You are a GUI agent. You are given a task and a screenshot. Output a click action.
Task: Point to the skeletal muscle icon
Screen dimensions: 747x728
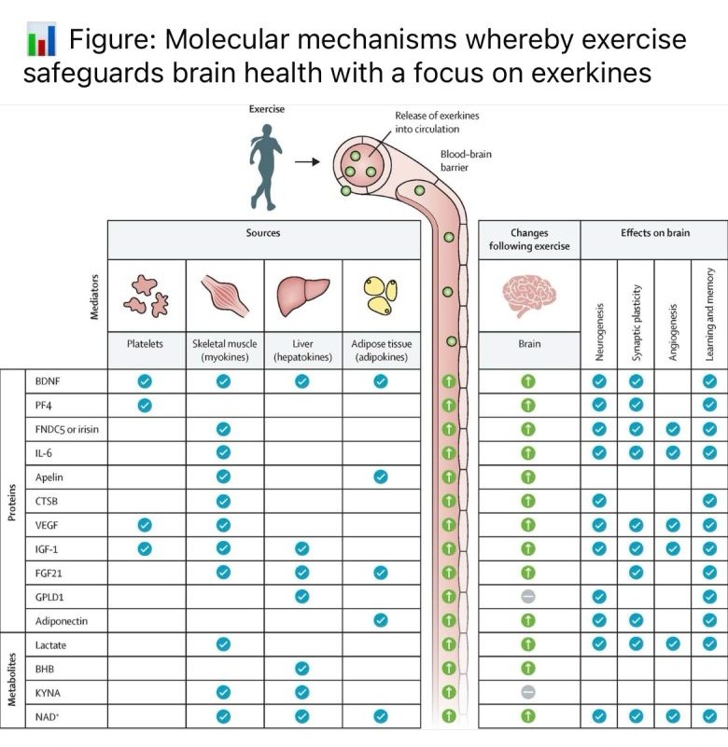(223, 294)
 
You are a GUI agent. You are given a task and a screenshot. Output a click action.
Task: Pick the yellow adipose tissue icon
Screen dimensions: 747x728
(380, 294)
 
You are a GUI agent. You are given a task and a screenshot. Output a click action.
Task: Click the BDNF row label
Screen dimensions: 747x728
(48, 381)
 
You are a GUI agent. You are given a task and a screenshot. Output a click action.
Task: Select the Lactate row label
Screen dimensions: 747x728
(50, 644)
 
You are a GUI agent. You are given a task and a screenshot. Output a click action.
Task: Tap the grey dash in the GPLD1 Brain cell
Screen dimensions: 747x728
(528, 597)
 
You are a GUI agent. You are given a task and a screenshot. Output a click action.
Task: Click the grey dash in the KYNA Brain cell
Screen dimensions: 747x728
(528, 693)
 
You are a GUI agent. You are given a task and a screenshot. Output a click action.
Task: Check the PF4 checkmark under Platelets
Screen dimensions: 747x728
(145, 405)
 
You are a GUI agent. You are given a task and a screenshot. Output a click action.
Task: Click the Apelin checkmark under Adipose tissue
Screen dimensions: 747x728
(380, 477)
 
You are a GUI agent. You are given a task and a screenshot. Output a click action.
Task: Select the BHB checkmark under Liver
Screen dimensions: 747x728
(301, 669)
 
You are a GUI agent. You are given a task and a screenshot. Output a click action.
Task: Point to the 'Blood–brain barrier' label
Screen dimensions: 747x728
(466, 161)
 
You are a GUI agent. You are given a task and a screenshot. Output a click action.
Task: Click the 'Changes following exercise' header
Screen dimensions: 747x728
(529, 240)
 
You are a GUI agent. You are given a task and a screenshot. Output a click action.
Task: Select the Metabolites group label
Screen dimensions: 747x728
(12, 680)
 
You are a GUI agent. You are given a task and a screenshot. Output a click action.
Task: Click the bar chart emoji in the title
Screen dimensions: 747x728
(41, 40)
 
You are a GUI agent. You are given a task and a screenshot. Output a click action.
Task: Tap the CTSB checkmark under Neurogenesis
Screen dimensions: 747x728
(599, 501)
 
